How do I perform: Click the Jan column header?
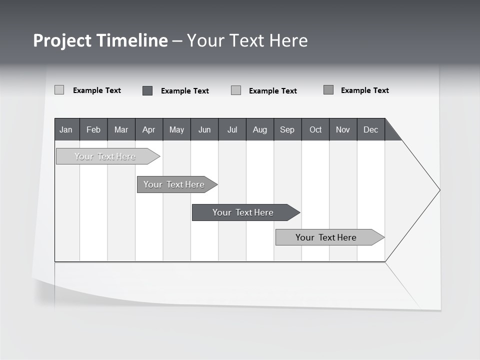66,129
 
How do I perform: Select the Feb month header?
93,129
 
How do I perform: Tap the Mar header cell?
121,129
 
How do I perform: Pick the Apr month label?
149,129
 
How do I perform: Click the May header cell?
176,129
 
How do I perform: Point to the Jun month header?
204,129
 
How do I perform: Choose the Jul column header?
232,129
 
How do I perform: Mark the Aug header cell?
260,129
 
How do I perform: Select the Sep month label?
287,129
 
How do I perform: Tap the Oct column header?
315,129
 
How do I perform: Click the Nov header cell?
343,129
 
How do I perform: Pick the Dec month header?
371,129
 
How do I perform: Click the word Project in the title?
62,40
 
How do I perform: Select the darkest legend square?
147,90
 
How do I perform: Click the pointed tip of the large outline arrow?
439,190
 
